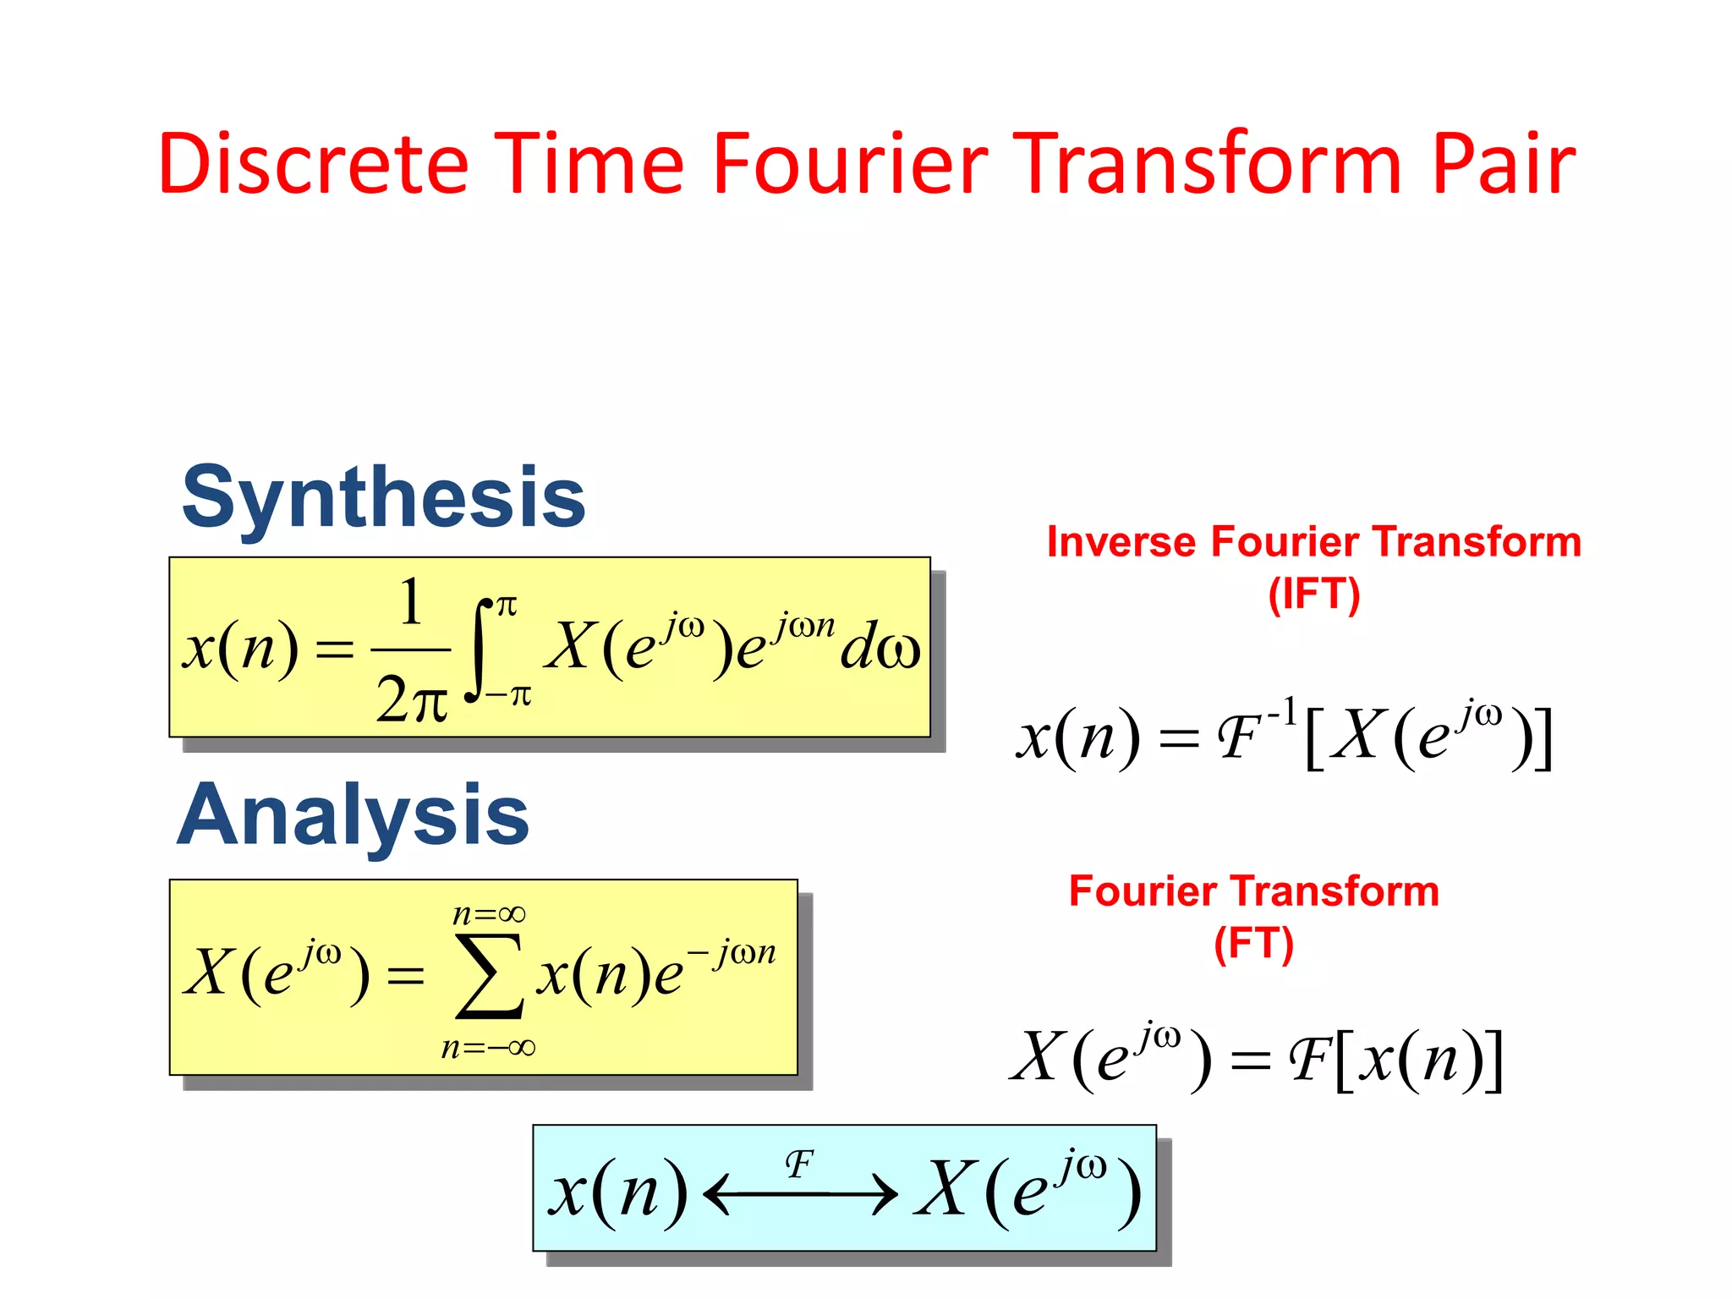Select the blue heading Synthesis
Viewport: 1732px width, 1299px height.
(383, 499)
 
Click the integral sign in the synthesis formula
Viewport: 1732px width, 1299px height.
(480, 649)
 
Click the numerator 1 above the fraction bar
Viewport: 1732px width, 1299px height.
(410, 602)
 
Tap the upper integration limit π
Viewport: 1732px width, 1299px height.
(507, 606)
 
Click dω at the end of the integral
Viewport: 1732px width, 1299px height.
(880, 649)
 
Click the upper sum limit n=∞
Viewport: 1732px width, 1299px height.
(489, 914)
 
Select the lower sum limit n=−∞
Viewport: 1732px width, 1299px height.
(488, 1048)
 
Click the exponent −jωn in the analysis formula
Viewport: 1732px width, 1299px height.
(732, 953)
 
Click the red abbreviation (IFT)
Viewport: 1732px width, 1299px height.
(1314, 594)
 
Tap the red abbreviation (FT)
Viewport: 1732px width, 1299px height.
(1253, 944)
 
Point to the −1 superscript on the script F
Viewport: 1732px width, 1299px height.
(1281, 712)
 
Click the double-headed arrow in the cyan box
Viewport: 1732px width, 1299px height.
(800, 1195)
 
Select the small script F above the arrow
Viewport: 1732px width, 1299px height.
(799, 1165)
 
